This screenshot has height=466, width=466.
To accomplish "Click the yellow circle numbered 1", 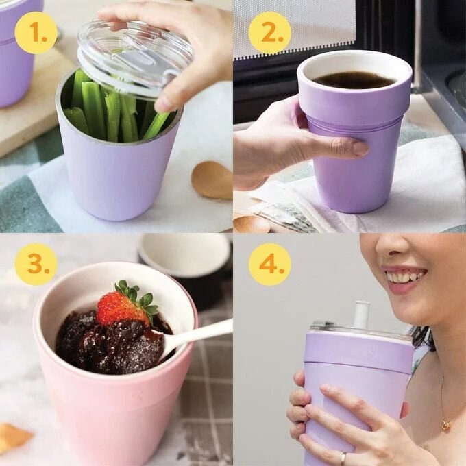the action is pos(36,33).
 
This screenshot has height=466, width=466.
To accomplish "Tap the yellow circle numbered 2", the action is pos(269,33).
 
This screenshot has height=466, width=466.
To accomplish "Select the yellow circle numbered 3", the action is pos(36,265).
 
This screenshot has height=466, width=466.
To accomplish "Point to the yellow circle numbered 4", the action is pos(269,265).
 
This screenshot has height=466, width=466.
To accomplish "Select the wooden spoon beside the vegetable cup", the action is pos(212,180).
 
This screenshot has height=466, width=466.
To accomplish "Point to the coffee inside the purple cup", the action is pos(354,79).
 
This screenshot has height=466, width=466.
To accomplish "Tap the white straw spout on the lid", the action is pos(361,315).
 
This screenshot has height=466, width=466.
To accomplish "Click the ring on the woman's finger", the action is pos(343,458).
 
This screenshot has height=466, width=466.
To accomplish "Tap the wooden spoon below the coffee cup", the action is pos(251,224).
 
